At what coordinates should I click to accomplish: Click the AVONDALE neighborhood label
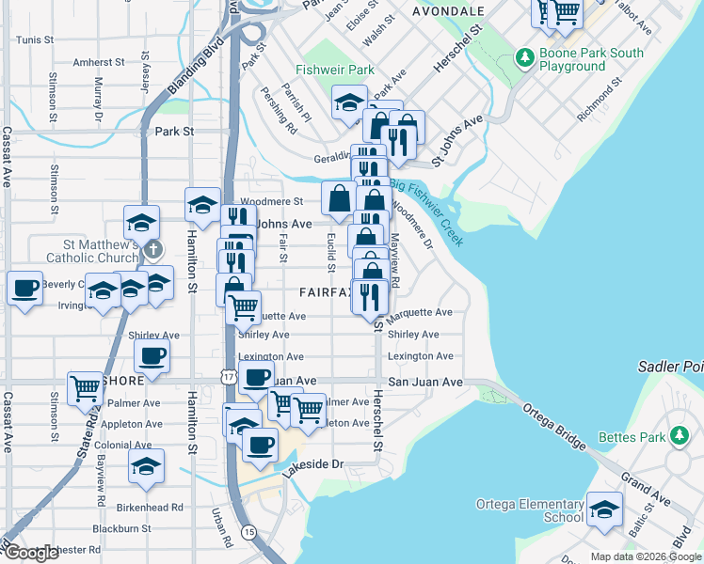pyautogui.click(x=448, y=11)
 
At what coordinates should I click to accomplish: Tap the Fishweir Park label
pyautogui.click(x=334, y=70)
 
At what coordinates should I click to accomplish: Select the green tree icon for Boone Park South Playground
pyautogui.click(x=525, y=58)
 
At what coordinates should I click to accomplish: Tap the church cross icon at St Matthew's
pyautogui.click(x=154, y=251)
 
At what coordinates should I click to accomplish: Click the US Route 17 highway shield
pyautogui.click(x=231, y=376)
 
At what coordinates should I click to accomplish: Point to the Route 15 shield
pyautogui.click(x=248, y=532)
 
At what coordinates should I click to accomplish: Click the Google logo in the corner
pyautogui.click(x=31, y=553)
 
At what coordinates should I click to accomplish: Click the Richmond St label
pyautogui.click(x=600, y=100)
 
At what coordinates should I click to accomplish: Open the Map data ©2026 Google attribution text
pyautogui.click(x=645, y=556)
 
